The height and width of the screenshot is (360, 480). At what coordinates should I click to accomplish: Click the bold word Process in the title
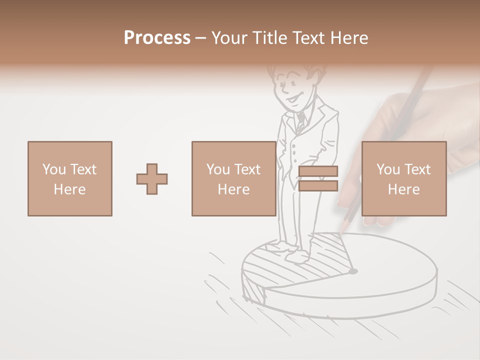(x=157, y=38)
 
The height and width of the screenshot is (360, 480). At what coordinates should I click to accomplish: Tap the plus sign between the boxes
(x=152, y=178)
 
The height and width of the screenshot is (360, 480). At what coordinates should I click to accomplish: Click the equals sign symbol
(x=318, y=178)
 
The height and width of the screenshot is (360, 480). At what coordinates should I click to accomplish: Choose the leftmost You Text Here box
(x=69, y=178)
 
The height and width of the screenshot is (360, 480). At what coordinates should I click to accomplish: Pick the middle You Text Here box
(x=233, y=178)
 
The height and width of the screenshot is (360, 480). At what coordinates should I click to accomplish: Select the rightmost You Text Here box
(x=403, y=178)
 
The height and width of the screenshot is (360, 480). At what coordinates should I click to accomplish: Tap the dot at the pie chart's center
(x=353, y=271)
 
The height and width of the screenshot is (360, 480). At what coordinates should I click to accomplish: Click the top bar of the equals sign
(x=318, y=171)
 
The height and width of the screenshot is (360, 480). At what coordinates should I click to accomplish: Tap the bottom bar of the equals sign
(x=318, y=185)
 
